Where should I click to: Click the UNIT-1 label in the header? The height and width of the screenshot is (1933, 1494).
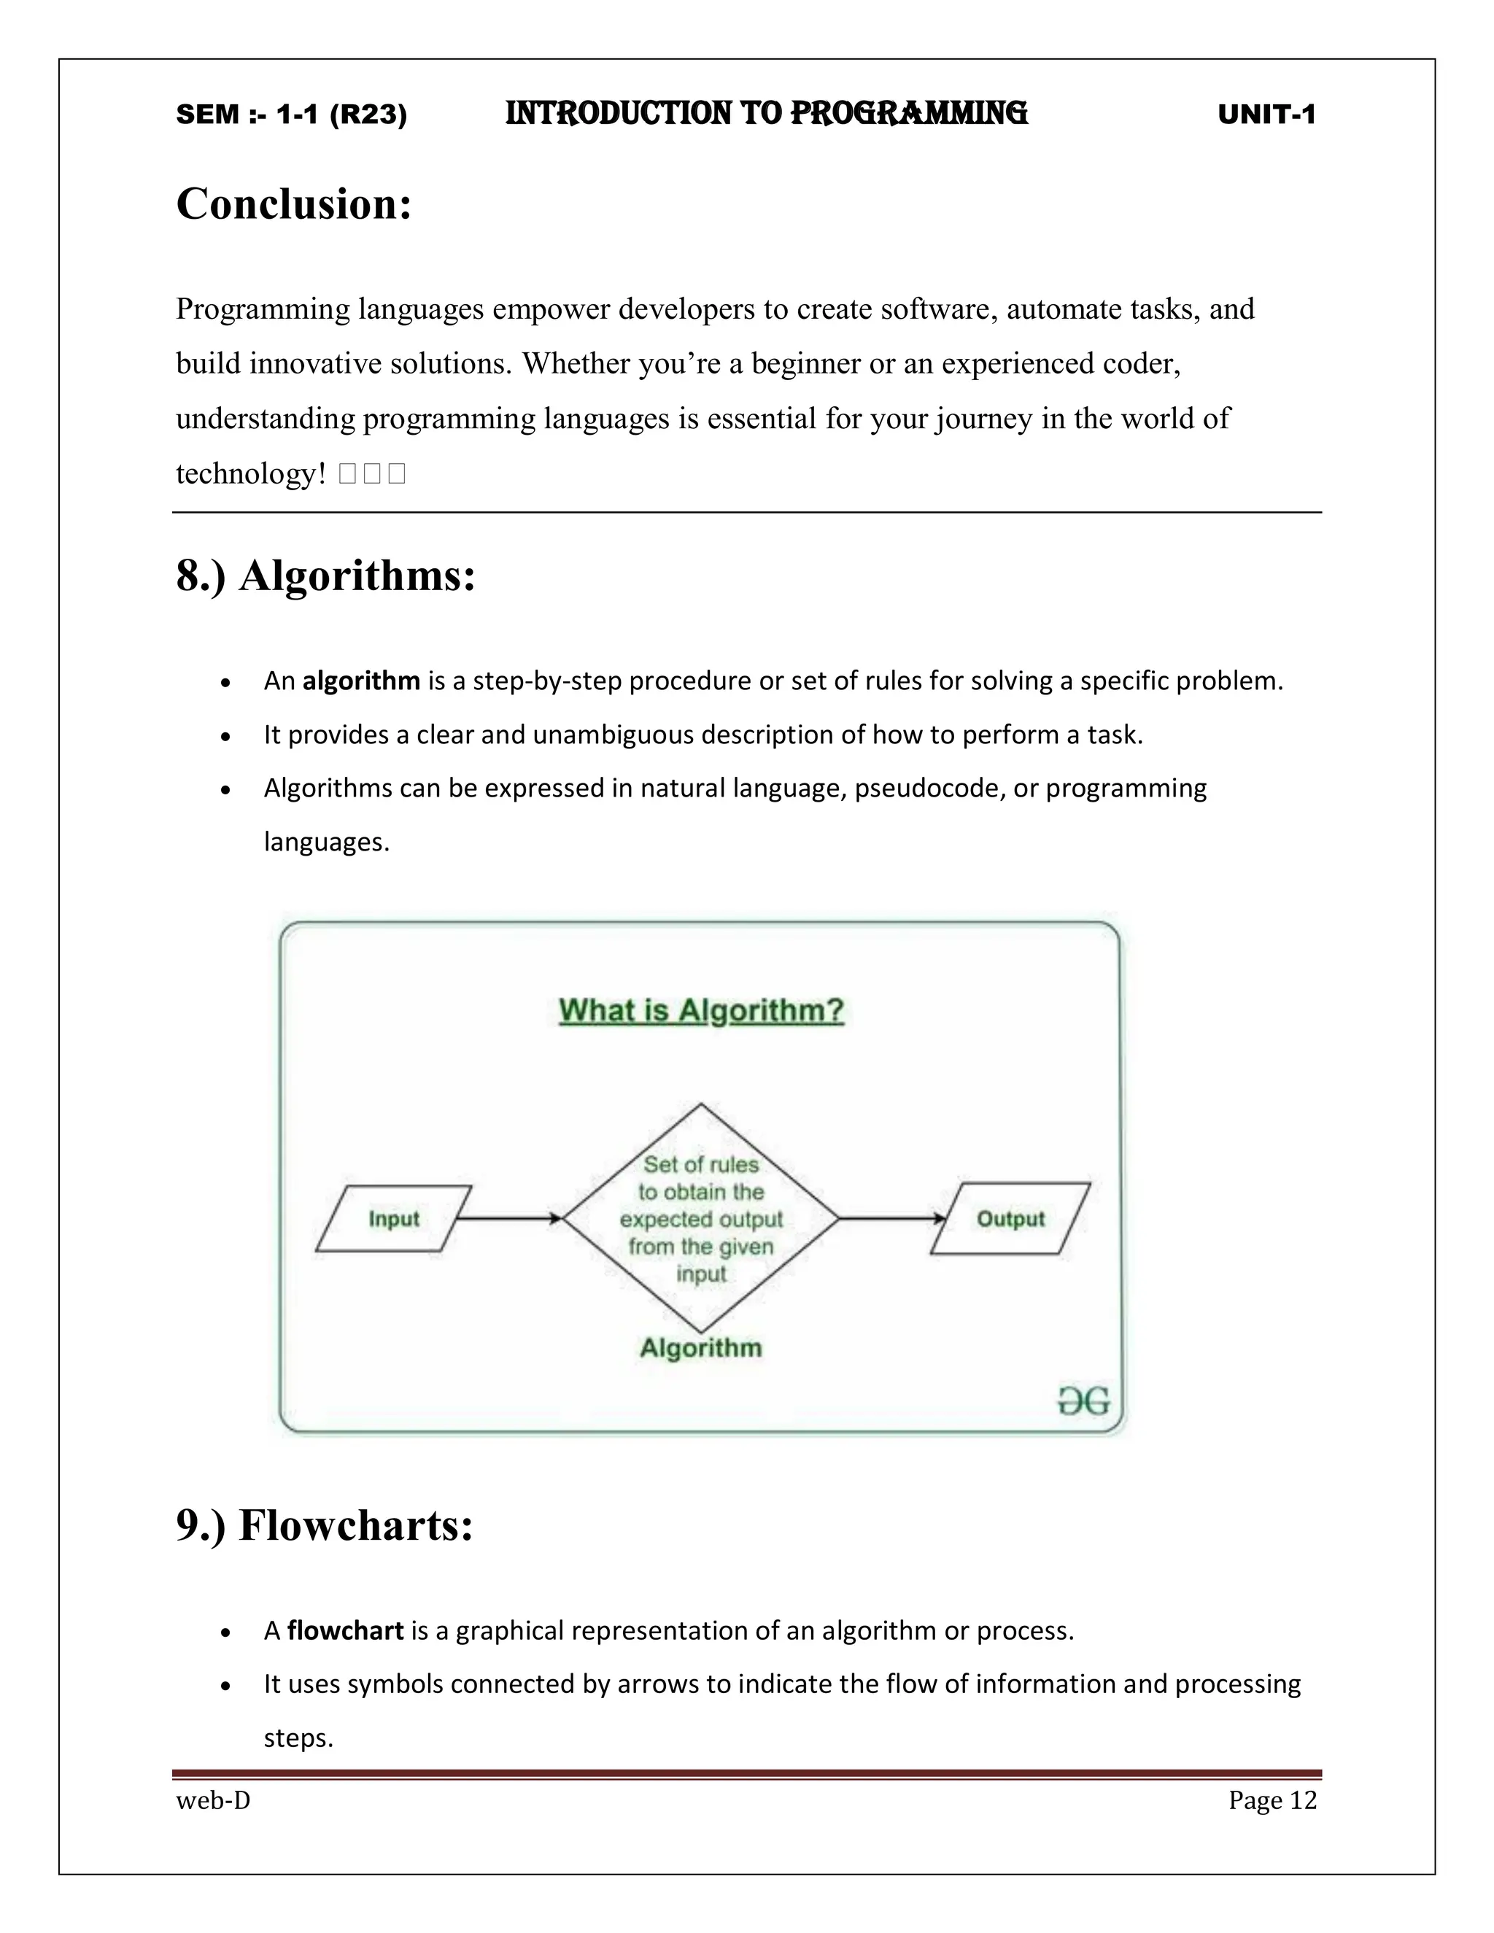point(1266,115)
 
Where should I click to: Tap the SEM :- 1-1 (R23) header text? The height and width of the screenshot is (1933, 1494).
point(291,115)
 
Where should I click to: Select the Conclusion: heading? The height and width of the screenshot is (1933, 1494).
point(294,204)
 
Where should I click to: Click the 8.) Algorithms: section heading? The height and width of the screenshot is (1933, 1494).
point(325,576)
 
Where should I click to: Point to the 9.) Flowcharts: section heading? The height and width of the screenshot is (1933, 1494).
point(324,1525)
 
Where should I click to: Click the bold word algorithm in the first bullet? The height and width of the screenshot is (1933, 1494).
point(361,681)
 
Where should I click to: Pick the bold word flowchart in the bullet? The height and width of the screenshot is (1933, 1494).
point(345,1630)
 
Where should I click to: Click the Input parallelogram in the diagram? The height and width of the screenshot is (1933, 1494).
point(393,1219)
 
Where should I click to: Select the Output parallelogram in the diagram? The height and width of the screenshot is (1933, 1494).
point(1010,1219)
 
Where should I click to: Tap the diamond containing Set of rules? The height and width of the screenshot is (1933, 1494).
point(701,1218)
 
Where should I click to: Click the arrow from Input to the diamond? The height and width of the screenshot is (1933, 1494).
point(510,1219)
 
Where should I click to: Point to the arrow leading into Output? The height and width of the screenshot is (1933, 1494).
point(892,1219)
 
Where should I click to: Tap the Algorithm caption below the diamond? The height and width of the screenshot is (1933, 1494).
point(700,1347)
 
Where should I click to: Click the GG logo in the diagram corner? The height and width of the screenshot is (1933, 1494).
point(1083,1401)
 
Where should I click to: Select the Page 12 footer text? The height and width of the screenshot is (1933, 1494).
point(1272,1800)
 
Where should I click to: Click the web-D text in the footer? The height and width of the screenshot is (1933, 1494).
point(213,1800)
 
